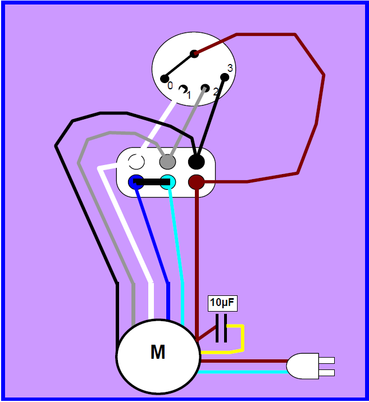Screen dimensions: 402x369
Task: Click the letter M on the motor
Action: pyautogui.click(x=158, y=353)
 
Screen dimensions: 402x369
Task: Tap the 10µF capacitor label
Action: pyautogui.click(x=222, y=304)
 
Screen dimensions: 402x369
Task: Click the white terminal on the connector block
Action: pyautogui.click(x=136, y=162)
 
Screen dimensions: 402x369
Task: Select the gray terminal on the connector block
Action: pyautogui.click(x=167, y=162)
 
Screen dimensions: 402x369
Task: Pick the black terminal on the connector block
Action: pyautogui.click(x=195, y=162)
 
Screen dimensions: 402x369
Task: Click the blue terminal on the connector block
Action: pyautogui.click(x=135, y=182)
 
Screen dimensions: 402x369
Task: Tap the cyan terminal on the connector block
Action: pyautogui.click(x=168, y=182)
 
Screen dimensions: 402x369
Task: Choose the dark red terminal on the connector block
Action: pyautogui.click(x=195, y=182)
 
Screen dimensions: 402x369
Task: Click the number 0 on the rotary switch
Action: pyautogui.click(x=170, y=86)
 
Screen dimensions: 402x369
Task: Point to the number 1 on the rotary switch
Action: pyautogui.click(x=189, y=95)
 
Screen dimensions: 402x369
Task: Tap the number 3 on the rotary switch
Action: pyautogui.click(x=230, y=68)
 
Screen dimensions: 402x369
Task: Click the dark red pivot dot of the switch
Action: pyautogui.click(x=194, y=53)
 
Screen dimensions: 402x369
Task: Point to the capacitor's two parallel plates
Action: pyautogui.click(x=221, y=328)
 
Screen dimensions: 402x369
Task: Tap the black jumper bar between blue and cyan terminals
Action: pyautogui.click(x=152, y=182)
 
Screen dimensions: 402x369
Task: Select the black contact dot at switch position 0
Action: pyautogui.click(x=165, y=79)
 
